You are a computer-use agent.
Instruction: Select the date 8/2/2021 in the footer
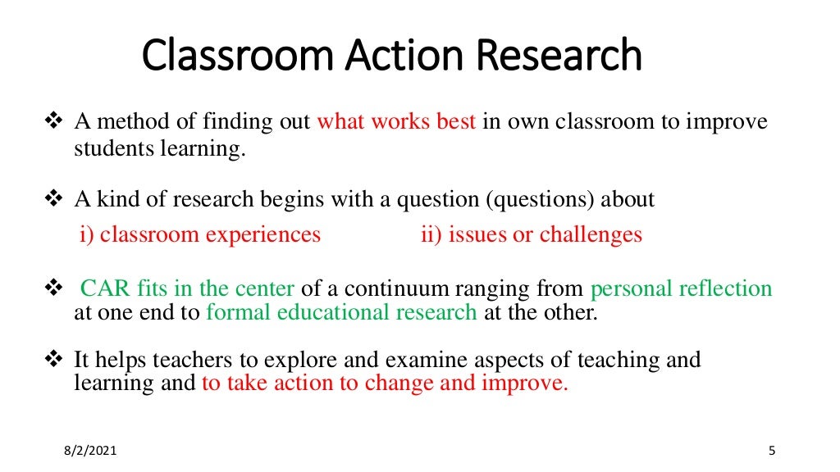[x=88, y=451]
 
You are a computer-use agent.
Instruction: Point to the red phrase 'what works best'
[x=396, y=123]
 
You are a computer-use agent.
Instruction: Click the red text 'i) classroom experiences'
[x=200, y=235]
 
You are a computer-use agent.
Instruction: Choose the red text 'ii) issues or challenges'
[x=531, y=235]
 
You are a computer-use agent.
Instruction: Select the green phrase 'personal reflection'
[x=681, y=289]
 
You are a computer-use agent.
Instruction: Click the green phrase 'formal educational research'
[x=341, y=312]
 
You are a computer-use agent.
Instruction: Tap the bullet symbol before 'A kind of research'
[x=53, y=199]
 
